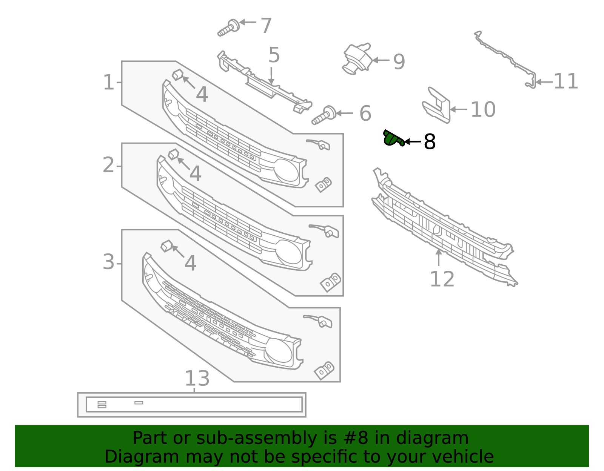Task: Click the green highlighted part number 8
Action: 393,138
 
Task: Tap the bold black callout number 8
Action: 430,142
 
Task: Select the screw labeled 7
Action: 229,28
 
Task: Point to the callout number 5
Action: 274,55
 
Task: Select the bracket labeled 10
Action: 437,106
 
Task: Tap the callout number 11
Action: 566,81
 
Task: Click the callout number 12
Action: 442,279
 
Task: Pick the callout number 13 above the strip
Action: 197,378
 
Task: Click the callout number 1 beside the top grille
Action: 109,82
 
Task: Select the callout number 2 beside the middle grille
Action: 109,165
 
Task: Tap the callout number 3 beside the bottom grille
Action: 109,262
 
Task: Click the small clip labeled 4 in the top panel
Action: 177,75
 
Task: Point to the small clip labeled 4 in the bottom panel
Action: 166,246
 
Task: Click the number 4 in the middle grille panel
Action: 195,174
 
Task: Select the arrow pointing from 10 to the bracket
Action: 458,109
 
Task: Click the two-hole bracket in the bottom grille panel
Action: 324,370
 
